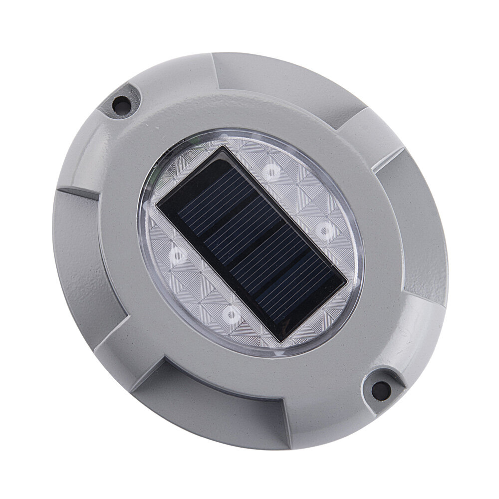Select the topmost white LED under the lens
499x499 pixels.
(x=271, y=173)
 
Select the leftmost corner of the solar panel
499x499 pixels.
(x=157, y=207)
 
